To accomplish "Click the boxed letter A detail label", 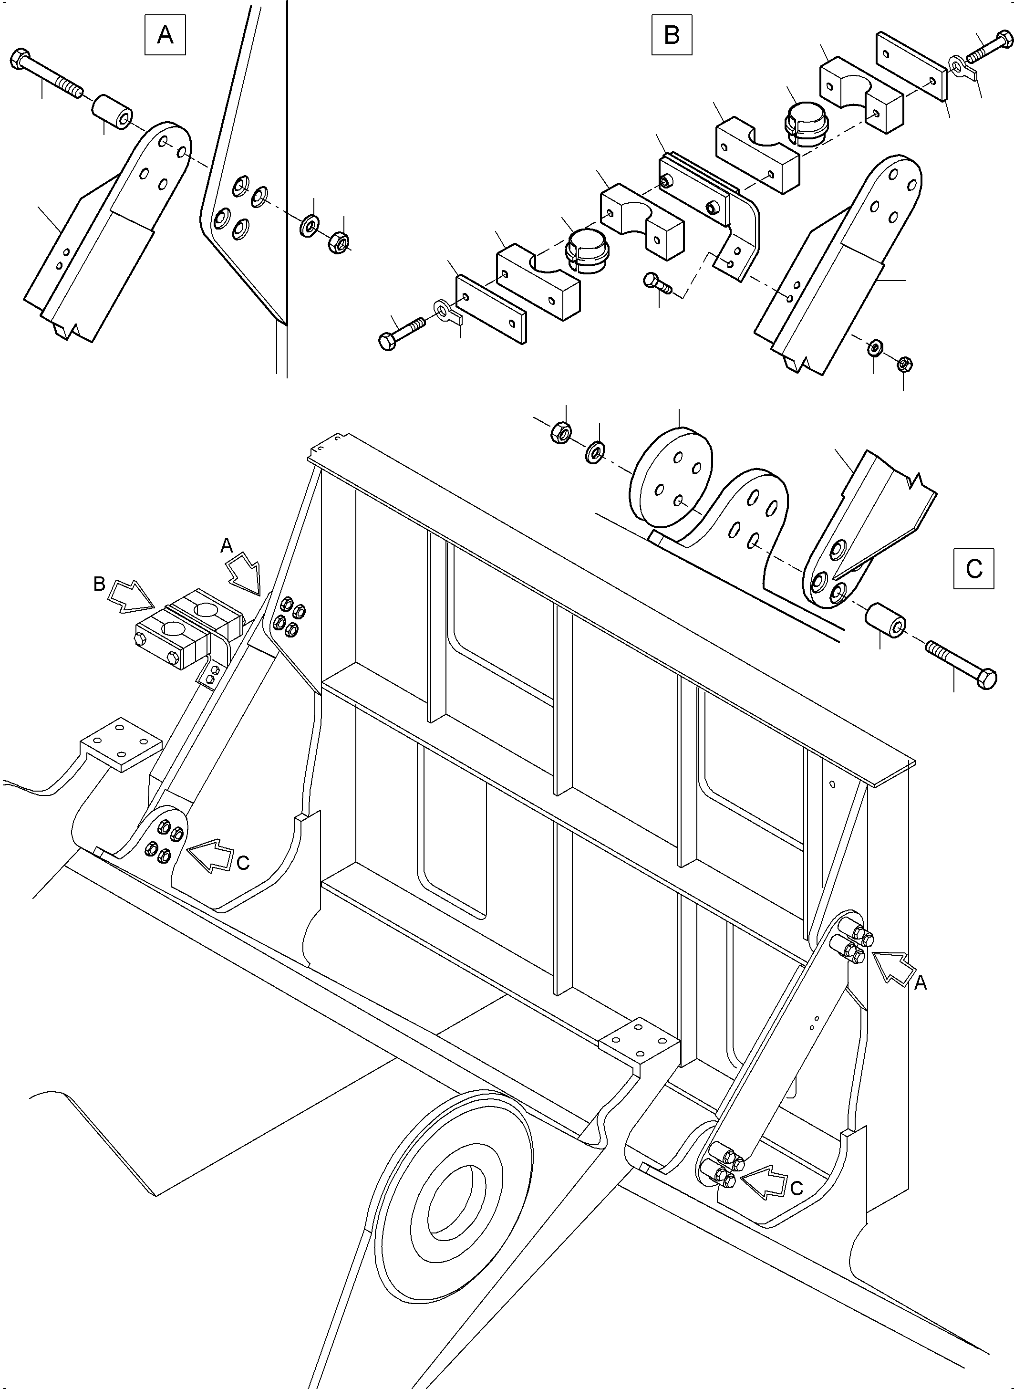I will tap(165, 35).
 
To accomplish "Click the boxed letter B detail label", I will tap(672, 35).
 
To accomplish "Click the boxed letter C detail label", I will tap(973, 569).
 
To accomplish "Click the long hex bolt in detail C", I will tap(961, 664).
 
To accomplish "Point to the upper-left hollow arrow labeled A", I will tap(246, 570).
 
